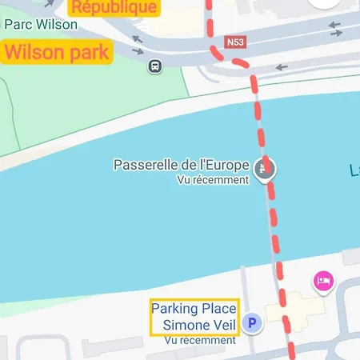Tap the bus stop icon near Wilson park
154,66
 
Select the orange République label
114,8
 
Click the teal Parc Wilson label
40,25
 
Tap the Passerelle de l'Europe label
181,166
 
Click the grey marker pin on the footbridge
265,169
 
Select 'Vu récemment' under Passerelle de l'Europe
213,180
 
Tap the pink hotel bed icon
323,281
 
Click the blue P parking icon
253,323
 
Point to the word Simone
184,325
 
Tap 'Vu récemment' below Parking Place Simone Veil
200,340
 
